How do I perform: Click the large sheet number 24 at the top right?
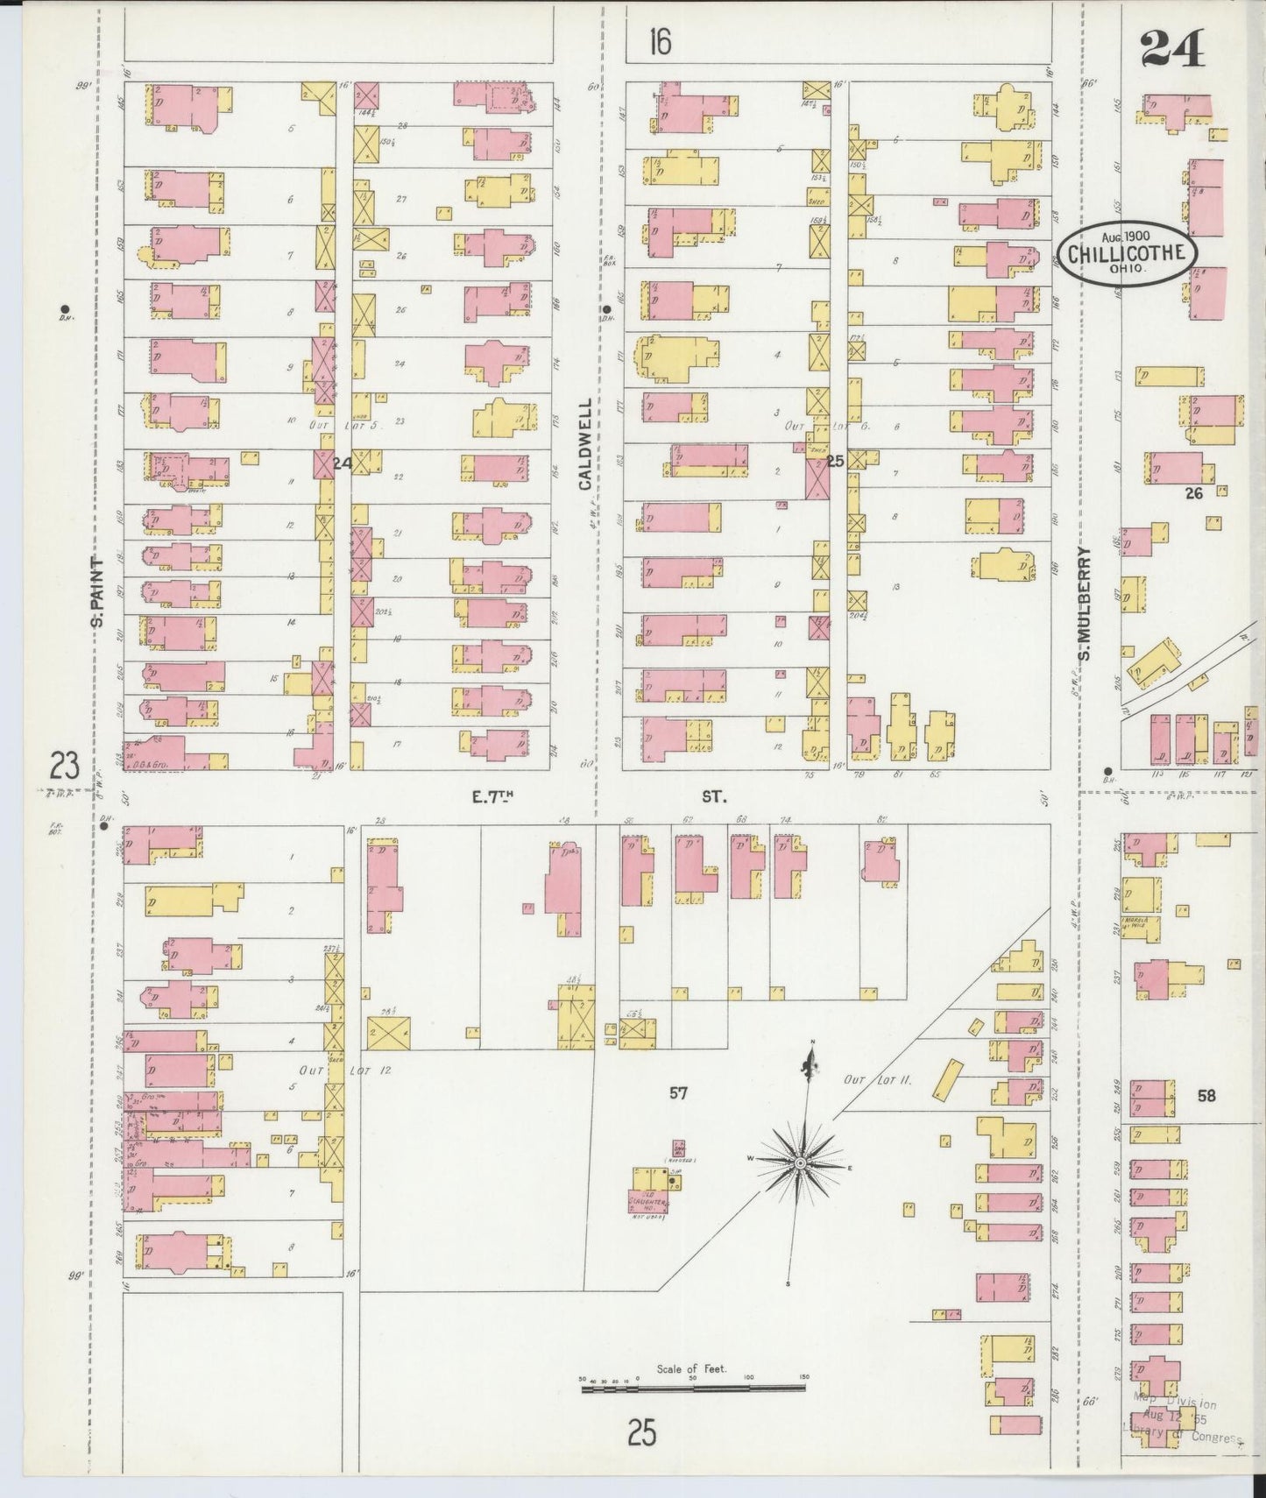pyautogui.click(x=1172, y=48)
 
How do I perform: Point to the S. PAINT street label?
pyautogui.click(x=98, y=593)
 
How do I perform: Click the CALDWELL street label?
pyautogui.click(x=585, y=452)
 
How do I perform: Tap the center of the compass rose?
pyautogui.click(x=800, y=1162)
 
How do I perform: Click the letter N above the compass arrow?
pyautogui.click(x=812, y=1041)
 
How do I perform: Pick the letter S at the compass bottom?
pyautogui.click(x=788, y=1284)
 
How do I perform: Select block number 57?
pyautogui.click(x=678, y=1092)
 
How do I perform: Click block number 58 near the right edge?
pyautogui.click(x=1206, y=1095)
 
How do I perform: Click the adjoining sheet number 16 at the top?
pyautogui.click(x=660, y=41)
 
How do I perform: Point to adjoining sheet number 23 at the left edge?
pyautogui.click(x=64, y=767)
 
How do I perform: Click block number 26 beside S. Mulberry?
pyautogui.click(x=1193, y=494)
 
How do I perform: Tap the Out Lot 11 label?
pyautogui.click(x=878, y=1080)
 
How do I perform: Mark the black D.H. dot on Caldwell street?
pyautogui.click(x=605, y=309)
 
